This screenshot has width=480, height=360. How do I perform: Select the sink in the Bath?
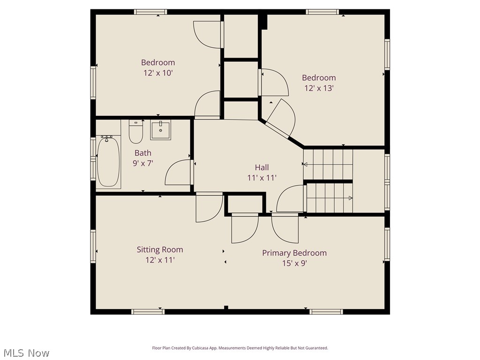[161, 129]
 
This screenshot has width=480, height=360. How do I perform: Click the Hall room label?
[262, 167]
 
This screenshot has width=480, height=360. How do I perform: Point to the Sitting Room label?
[160, 249]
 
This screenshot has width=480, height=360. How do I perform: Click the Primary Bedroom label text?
[294, 253]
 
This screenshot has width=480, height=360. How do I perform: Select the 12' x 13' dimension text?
[319, 88]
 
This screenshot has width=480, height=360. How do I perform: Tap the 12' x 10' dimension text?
[158, 73]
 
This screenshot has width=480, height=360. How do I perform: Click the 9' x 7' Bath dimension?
[143, 163]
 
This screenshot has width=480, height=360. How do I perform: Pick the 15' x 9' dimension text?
[294, 263]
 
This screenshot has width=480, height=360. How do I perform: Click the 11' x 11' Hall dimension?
[262, 178]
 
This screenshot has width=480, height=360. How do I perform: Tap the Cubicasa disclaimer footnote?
[240, 348]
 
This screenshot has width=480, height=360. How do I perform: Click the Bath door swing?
[178, 172]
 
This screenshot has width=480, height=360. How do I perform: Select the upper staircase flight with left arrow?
[328, 164]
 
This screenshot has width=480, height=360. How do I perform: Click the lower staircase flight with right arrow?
[329, 198]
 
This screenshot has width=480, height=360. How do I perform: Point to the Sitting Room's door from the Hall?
[209, 207]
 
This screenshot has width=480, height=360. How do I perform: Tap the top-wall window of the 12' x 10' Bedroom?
[150, 12]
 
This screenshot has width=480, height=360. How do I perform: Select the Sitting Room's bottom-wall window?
[148, 311]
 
